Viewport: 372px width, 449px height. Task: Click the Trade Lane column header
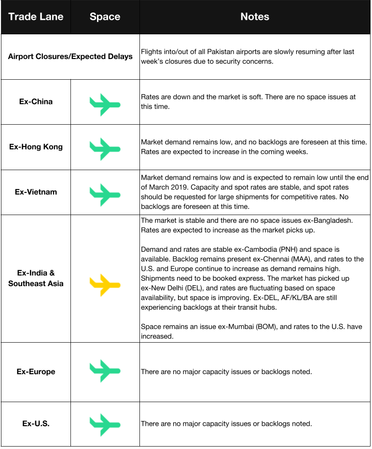(36, 17)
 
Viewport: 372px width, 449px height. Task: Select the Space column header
(105, 17)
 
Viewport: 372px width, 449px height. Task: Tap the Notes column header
(255, 17)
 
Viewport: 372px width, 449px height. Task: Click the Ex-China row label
(36, 102)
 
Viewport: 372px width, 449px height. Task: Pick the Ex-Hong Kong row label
(36, 147)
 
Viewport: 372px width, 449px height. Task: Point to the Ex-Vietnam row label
(36, 192)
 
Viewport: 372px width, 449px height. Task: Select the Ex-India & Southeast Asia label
(36, 278)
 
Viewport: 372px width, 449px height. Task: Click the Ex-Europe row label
(36, 372)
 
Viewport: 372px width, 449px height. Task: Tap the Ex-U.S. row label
(36, 424)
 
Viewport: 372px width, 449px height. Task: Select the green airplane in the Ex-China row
(104, 102)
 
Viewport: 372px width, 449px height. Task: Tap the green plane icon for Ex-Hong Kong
(104, 148)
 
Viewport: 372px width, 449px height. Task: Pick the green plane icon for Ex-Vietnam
(104, 193)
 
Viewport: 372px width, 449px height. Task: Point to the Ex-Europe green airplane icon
(104, 371)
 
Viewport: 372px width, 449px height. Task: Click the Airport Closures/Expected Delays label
(70, 57)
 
